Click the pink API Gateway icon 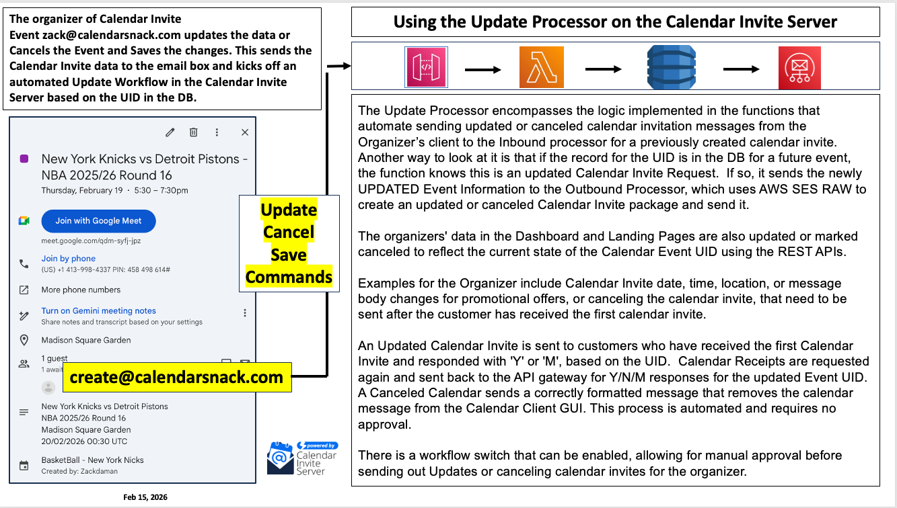click(426, 67)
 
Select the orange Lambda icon click(541, 67)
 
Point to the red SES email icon click(799, 68)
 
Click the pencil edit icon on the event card click(170, 132)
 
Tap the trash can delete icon click(193, 132)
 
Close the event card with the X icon click(245, 132)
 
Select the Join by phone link click(68, 259)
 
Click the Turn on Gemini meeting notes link click(98, 311)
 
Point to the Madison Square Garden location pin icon click(24, 340)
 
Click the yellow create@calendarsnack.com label click(176, 378)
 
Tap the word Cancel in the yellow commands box click(289, 232)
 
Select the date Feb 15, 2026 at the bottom click(145, 497)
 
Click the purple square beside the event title click(24, 159)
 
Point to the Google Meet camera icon click(24, 221)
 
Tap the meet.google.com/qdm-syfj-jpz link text click(91, 241)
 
